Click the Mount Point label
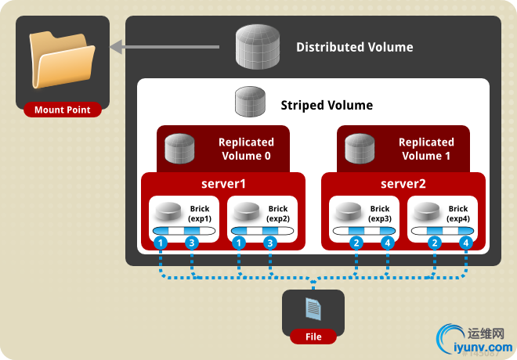tap(62, 110)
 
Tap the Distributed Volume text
tap(354, 47)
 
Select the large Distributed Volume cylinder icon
tap(259, 47)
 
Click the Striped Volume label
tap(327, 105)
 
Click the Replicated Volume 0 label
tap(246, 149)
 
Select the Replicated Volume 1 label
tap(426, 149)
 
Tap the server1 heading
tap(222, 184)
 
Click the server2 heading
tap(403, 184)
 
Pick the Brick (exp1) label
tap(200, 214)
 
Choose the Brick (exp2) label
tap(278, 214)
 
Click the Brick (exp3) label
tap(380, 214)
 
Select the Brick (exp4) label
tap(458, 214)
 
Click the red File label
tap(313, 337)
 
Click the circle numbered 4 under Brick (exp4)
tap(466, 243)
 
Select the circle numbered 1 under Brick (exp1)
tap(161, 243)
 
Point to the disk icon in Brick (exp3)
tap(348, 211)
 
